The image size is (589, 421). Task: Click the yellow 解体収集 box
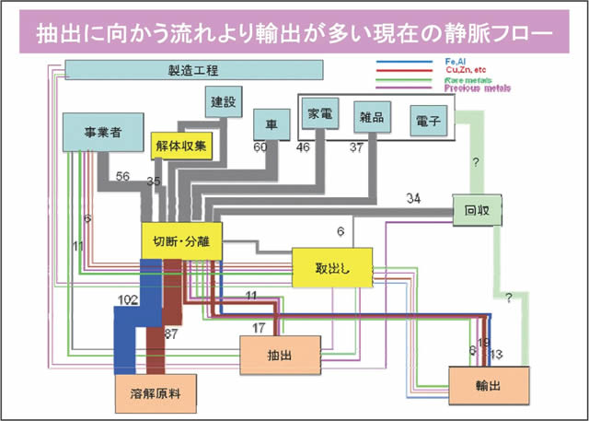(181, 145)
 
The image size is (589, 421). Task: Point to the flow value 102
(129, 298)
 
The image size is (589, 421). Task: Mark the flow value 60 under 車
(260, 146)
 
